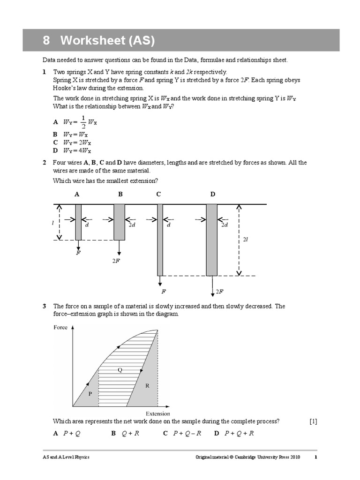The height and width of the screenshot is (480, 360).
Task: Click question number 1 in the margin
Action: coord(44,72)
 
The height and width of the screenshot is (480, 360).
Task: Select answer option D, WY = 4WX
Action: coord(73,150)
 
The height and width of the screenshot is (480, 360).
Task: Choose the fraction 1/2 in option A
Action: coord(83,121)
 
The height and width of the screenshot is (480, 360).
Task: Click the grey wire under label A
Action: coord(78,222)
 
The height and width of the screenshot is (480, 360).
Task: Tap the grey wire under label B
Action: coord(120,222)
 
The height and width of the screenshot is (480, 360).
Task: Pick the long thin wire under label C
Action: coord(160,240)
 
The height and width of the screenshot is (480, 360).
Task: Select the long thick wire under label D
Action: coord(212,240)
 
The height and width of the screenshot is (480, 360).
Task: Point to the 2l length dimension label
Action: coord(245,239)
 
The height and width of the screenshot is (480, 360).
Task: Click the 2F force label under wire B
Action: coord(116,261)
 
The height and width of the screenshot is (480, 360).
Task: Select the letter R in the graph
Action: coord(147,386)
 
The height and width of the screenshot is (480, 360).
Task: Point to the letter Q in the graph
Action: coord(120,370)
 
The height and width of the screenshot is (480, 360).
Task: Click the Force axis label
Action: coord(60,328)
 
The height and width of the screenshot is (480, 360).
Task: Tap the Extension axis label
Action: coord(158,413)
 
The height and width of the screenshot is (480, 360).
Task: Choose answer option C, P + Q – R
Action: coord(182,433)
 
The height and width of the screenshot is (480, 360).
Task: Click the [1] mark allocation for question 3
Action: coord(313,421)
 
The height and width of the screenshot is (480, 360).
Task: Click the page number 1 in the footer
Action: coord(315,457)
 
